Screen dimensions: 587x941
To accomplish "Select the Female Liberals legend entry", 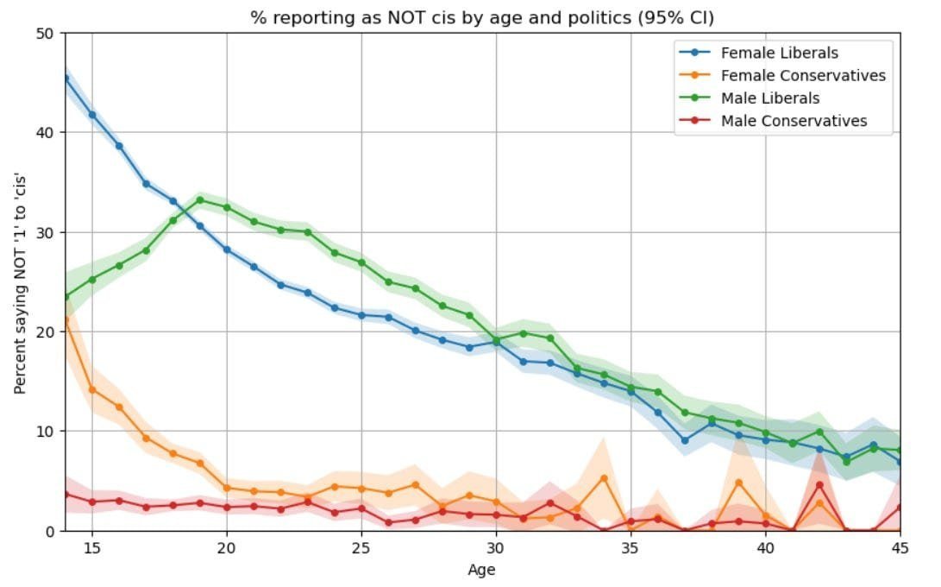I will (779, 54).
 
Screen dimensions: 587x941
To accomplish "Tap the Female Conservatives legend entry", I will (803, 76).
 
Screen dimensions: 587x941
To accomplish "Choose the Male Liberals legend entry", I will (770, 98).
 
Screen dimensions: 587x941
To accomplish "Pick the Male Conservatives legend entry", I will (794, 121).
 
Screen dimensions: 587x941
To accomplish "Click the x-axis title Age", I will (482, 570).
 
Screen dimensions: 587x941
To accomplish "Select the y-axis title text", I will (20, 282).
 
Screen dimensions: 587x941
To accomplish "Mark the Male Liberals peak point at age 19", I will (200, 200).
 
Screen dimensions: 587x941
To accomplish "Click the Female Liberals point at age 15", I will (92, 115).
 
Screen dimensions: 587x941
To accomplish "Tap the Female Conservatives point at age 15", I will (92, 389).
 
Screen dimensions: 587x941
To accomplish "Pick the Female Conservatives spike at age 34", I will (604, 478).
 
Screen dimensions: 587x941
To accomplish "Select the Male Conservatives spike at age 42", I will (819, 485).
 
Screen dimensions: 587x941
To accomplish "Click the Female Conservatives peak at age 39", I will (738, 483).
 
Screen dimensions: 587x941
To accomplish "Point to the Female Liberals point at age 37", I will (685, 440).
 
